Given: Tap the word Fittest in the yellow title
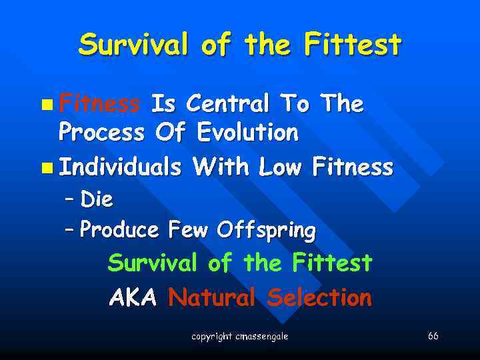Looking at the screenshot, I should tap(353, 45).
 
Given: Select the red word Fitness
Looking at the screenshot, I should tap(99, 104).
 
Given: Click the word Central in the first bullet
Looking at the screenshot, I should tap(227, 104).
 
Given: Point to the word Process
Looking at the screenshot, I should tap(101, 133).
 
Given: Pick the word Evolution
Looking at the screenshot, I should tap(247, 133).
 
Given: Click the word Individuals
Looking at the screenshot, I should tap(119, 167).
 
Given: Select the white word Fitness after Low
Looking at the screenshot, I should tap(353, 167).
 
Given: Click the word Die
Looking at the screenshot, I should tap(97, 199).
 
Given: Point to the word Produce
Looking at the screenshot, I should tap(119, 230).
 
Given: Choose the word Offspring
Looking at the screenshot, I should tap(273, 230).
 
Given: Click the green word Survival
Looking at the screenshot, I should tap(152, 263).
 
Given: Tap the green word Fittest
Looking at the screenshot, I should tap(331, 263).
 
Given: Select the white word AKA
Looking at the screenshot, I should tap(132, 297).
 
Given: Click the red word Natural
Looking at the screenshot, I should tap(211, 297).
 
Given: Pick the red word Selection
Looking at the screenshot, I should tap(319, 297).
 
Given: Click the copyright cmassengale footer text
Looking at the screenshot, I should tap(239, 337).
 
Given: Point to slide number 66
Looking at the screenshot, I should tap(433, 336).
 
